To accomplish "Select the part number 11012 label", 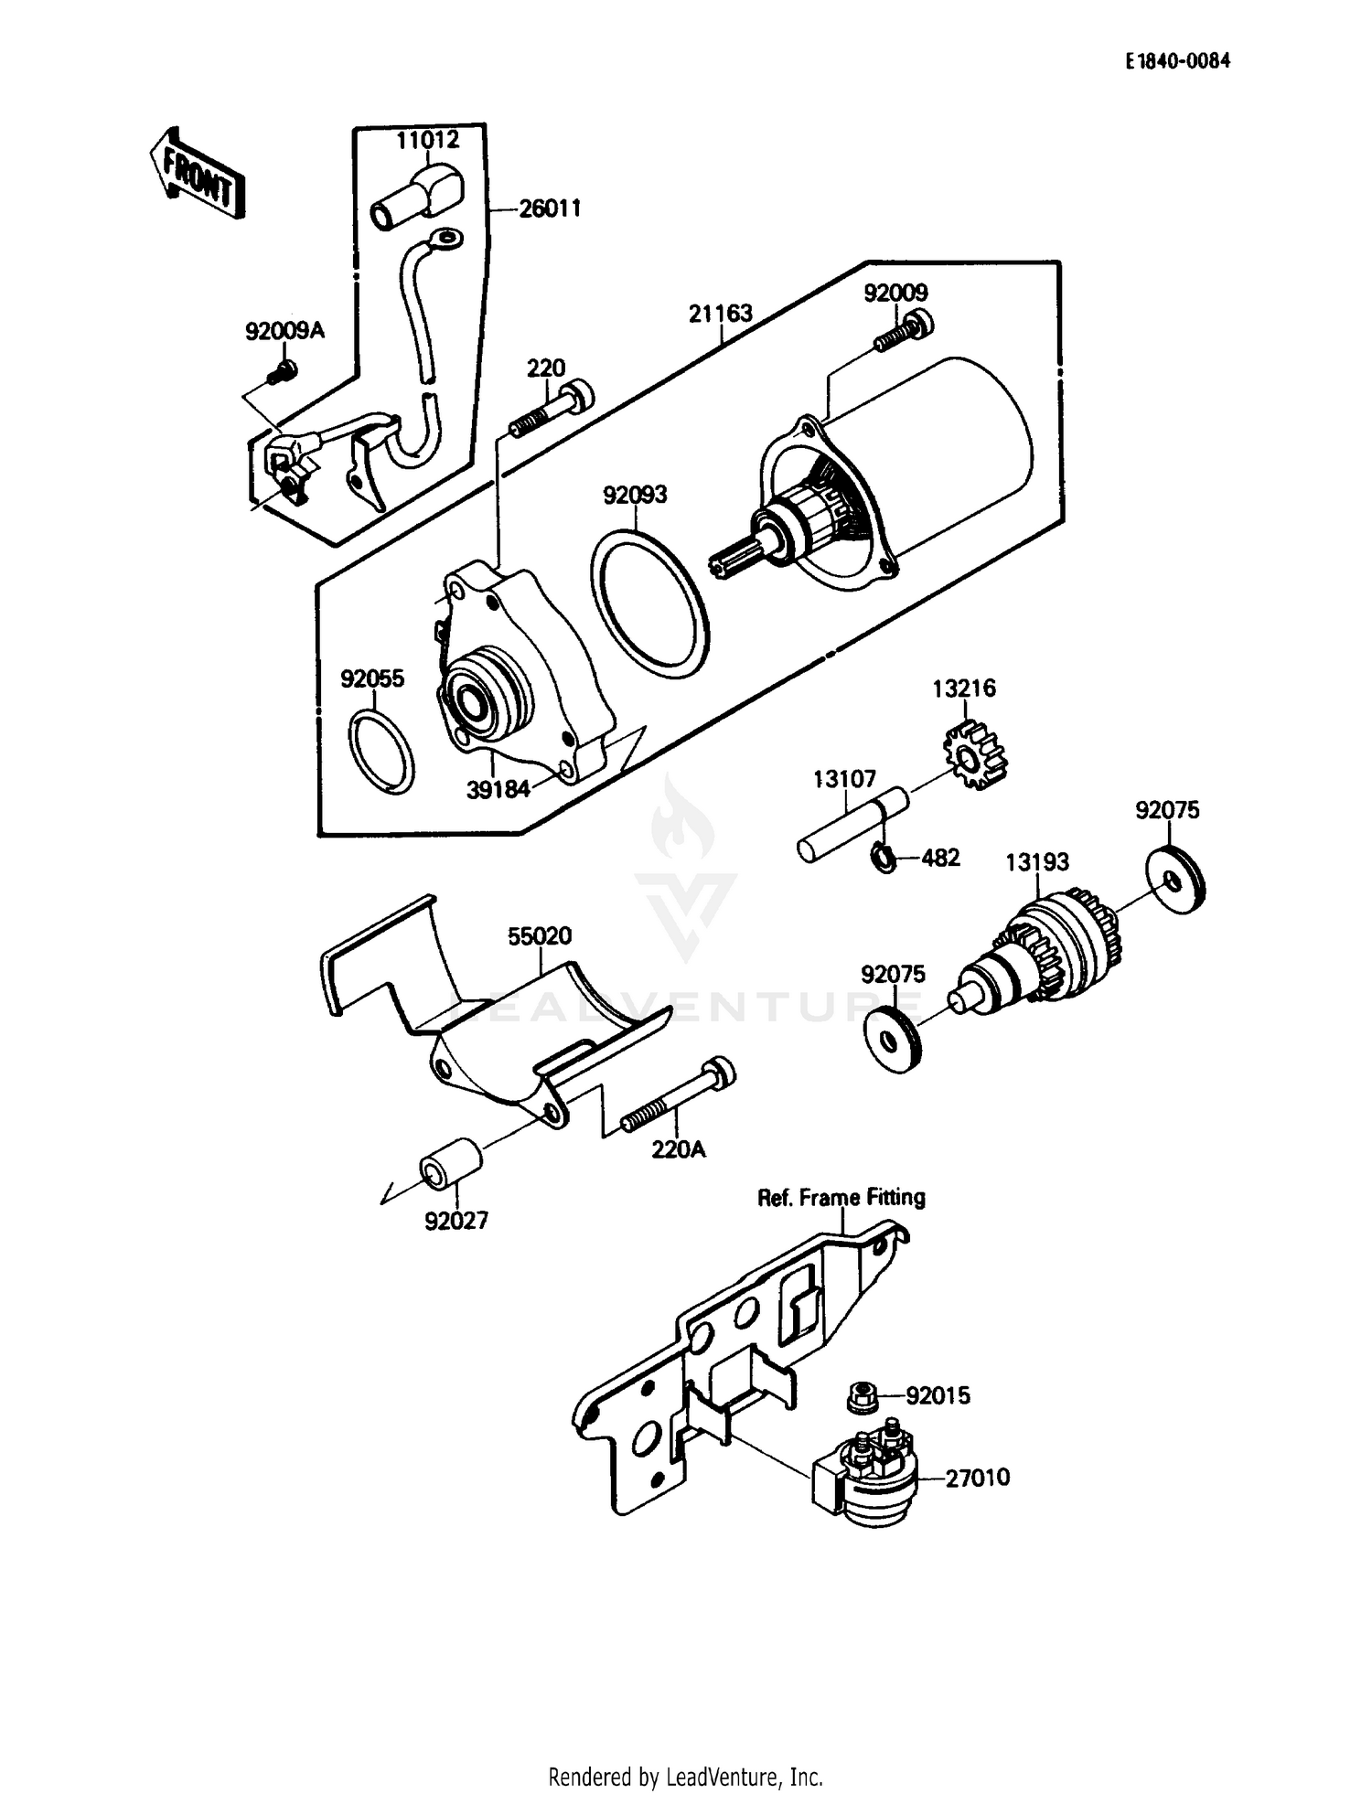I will coord(427,140).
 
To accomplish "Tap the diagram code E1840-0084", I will coord(1177,61).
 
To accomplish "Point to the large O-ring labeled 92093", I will coord(650,603).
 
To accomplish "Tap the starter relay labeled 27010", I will coord(864,1478).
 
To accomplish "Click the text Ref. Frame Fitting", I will coord(841,1197).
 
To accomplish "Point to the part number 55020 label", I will coord(540,935).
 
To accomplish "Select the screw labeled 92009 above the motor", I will coord(903,333).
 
